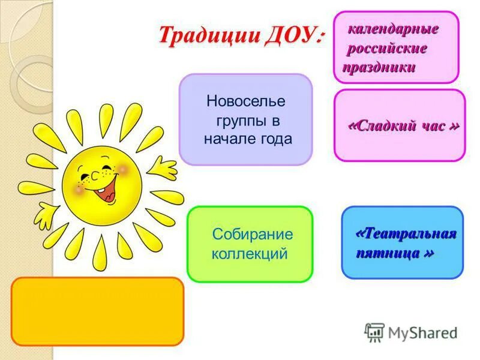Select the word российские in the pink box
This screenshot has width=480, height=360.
point(388,48)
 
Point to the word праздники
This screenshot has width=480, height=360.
point(379,67)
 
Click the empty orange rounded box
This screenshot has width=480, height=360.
point(97,311)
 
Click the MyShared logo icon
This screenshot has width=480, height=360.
point(374,332)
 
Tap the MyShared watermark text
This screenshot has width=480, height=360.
point(422,332)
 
